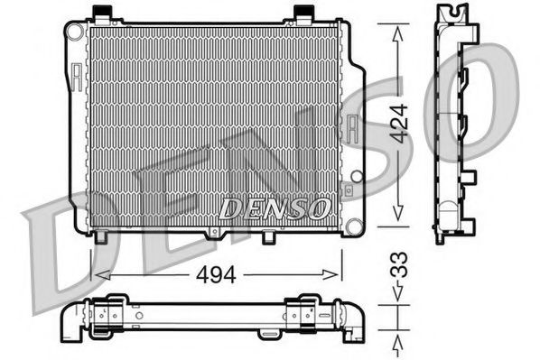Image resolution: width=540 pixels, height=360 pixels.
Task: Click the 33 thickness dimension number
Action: (400, 264)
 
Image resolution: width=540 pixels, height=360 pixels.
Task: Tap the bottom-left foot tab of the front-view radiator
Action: (102, 237)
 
